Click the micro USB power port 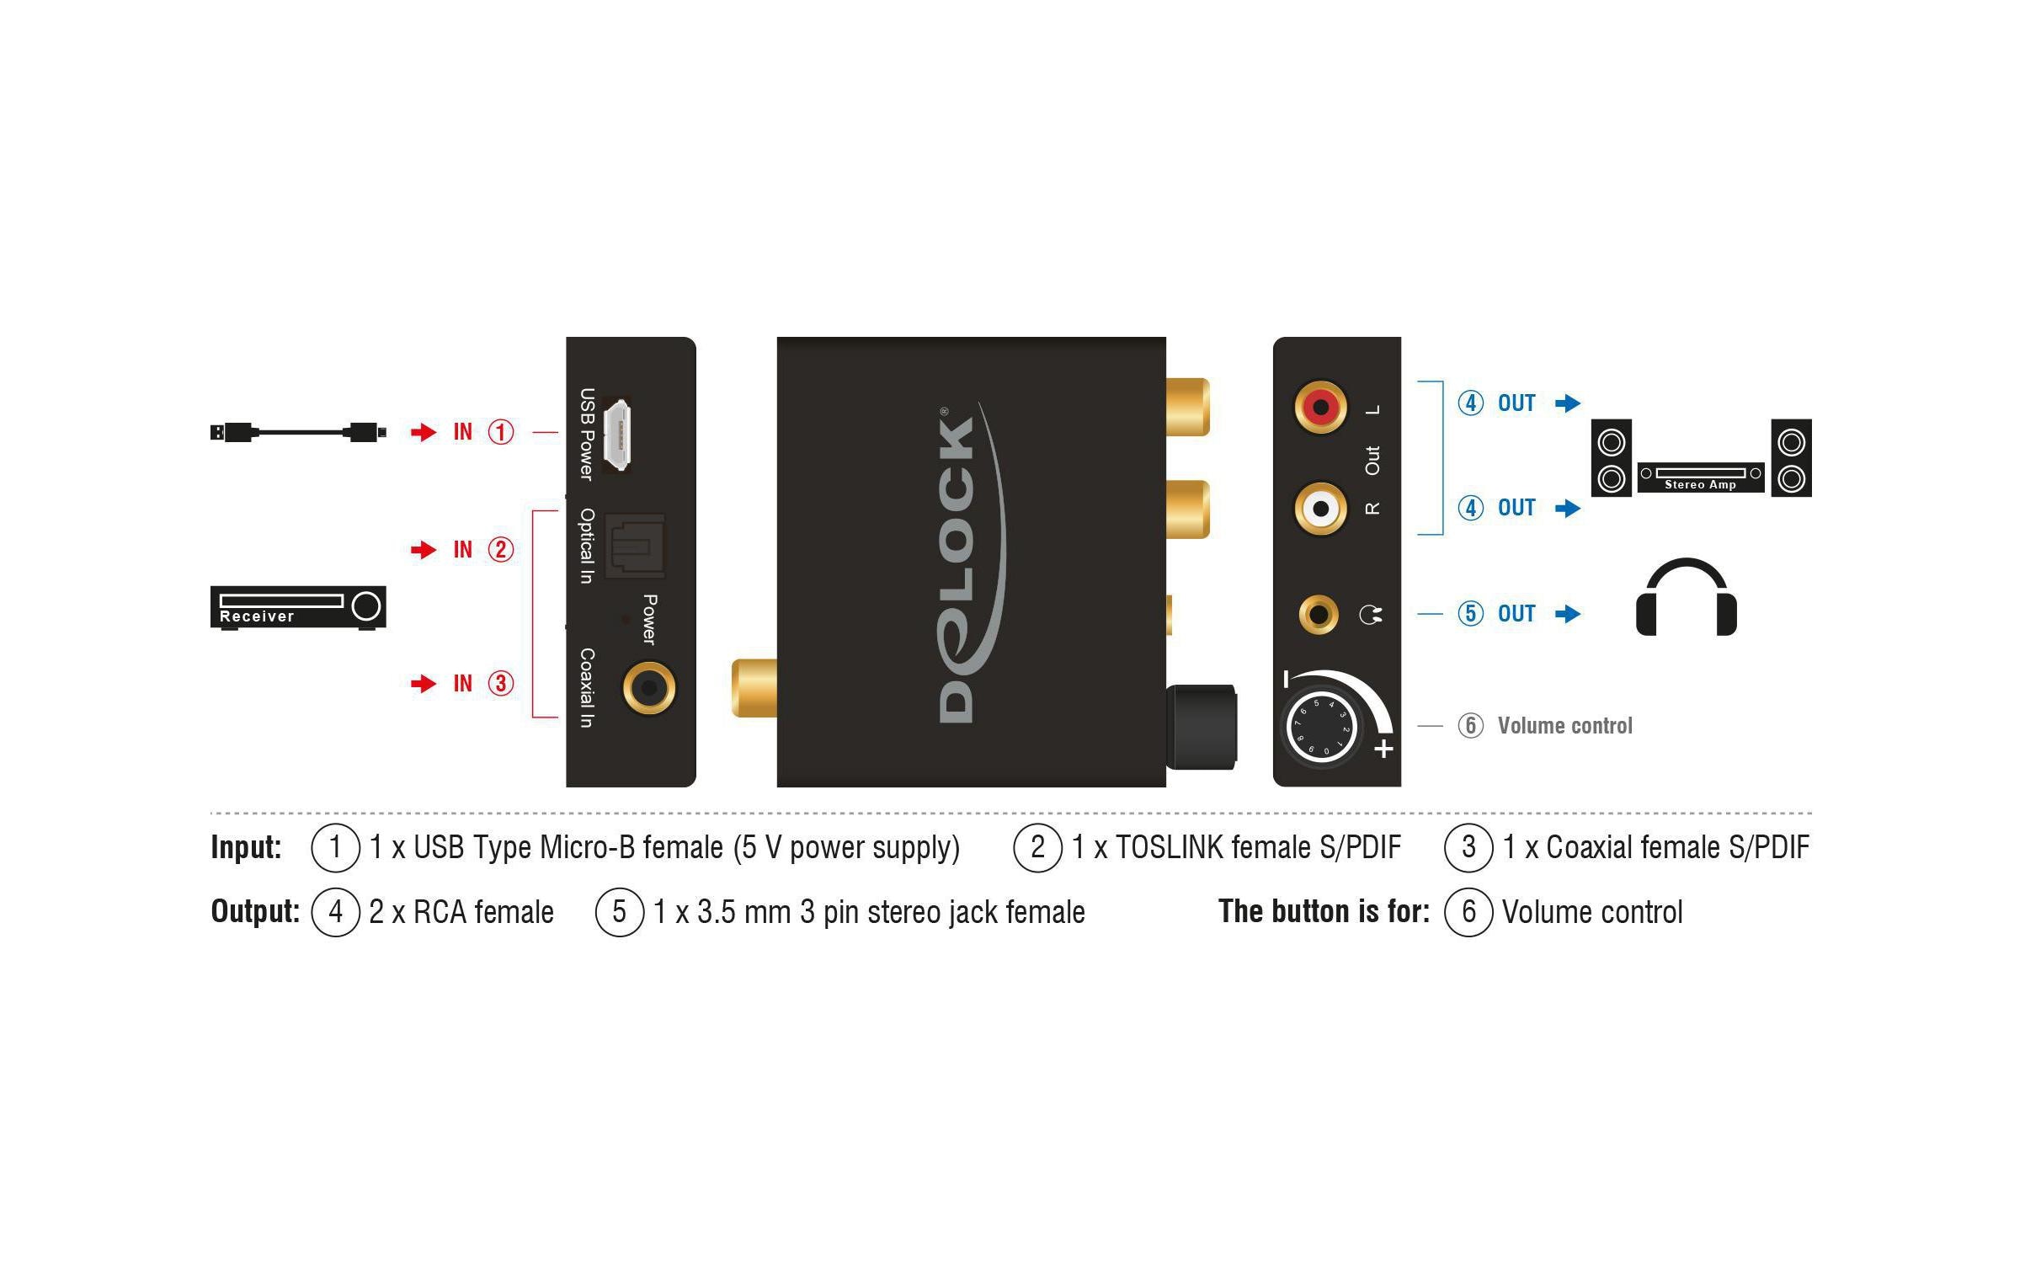(619, 435)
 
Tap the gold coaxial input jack (648, 688)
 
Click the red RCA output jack (1320, 408)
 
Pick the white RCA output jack (1320, 509)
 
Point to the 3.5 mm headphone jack (1319, 615)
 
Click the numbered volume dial (1321, 728)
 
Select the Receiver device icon (298, 607)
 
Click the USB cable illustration (298, 432)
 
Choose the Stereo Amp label (1700, 484)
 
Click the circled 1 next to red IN (501, 432)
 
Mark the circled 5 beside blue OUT (1470, 613)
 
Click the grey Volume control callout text (1564, 726)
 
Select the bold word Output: (255, 911)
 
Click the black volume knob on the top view (1202, 727)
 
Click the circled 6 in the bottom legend (1468, 911)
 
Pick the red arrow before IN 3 (424, 683)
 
